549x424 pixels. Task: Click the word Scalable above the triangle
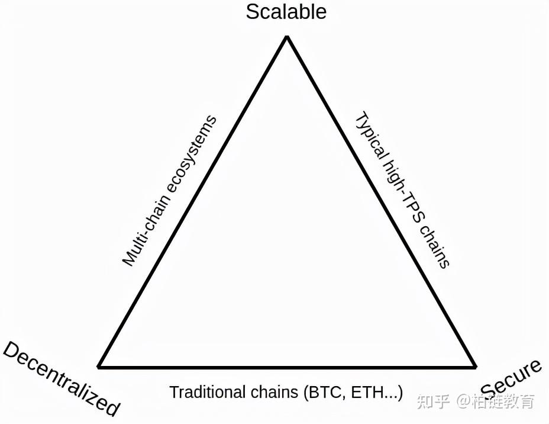point(286,12)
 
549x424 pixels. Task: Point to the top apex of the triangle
point(287,37)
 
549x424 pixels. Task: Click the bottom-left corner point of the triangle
point(99,367)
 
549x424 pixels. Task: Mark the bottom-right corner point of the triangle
point(475,367)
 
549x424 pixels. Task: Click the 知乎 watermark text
point(431,401)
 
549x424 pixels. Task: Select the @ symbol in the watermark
point(463,401)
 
